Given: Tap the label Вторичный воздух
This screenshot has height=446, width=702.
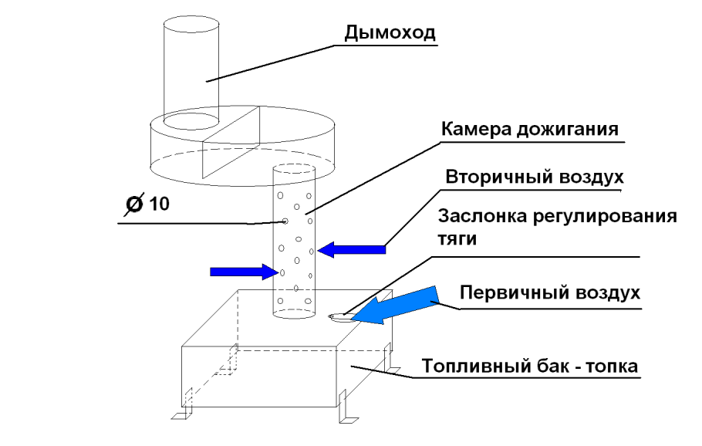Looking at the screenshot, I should [x=534, y=177].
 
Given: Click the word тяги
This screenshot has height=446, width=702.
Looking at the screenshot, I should [x=457, y=239].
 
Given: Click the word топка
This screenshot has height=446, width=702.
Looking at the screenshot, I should [x=610, y=366].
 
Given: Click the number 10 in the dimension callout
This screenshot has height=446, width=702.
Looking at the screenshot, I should [x=158, y=204].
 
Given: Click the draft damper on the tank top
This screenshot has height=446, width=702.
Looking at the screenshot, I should [x=339, y=316].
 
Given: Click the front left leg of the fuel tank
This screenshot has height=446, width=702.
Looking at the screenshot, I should [x=181, y=417].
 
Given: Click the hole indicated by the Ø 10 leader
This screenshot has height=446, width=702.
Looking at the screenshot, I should [x=285, y=221].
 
